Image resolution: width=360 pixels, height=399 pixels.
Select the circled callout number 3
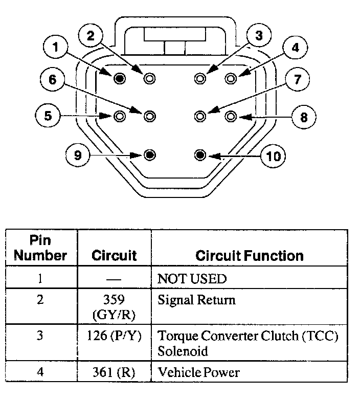click(x=259, y=36)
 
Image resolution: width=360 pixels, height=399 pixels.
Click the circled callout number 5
click(x=48, y=116)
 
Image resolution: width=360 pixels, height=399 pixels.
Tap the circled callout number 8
click(x=304, y=117)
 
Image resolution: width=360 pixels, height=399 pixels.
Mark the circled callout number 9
click(x=78, y=155)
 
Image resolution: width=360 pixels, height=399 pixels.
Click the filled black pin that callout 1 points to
click(x=120, y=78)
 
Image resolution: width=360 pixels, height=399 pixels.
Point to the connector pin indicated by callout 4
click(x=231, y=78)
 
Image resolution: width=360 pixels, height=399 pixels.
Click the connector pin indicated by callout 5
click(x=120, y=117)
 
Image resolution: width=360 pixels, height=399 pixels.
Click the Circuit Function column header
click(x=249, y=256)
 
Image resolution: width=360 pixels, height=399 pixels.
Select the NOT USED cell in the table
click(x=192, y=279)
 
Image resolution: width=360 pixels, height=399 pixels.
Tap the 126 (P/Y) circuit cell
click(x=114, y=336)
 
